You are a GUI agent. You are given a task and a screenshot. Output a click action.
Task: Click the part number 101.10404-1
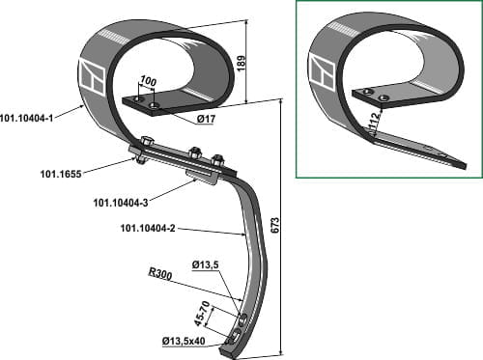click(26, 119)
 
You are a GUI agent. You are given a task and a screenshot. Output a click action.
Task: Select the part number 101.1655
click(61, 175)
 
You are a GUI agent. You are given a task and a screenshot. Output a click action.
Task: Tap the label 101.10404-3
click(121, 203)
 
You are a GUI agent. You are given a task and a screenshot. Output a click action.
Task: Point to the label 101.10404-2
click(148, 229)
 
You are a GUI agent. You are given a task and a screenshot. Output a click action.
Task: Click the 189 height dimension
click(241, 63)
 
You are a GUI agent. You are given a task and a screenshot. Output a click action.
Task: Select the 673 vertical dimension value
click(276, 225)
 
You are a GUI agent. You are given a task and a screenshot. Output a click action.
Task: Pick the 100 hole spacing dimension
click(148, 82)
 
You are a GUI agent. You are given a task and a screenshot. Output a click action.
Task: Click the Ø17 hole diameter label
click(206, 120)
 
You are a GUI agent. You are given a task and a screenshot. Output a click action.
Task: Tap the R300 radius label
click(160, 274)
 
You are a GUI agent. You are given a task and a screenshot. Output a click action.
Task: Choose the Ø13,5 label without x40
click(205, 265)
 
